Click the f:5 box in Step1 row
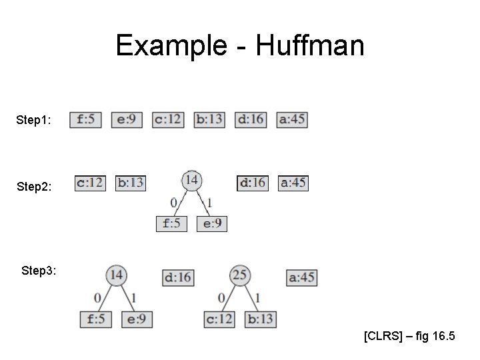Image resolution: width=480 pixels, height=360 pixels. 85,120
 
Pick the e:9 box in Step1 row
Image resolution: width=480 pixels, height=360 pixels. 127,120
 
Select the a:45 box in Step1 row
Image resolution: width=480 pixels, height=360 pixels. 292,120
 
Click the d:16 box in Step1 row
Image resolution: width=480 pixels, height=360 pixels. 251,120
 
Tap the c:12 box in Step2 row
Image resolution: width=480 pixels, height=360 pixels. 90,182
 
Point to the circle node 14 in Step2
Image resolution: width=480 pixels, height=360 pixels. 191,179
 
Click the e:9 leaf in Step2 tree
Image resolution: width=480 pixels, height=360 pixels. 212,223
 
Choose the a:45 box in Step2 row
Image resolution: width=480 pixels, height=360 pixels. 293,182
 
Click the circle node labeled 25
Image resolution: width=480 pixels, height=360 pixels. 240,275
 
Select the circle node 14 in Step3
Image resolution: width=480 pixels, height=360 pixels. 117,275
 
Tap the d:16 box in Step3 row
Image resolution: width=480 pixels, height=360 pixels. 178,277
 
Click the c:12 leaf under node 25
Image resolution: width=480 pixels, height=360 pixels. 219,319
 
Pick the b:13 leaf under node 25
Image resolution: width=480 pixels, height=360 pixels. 261,319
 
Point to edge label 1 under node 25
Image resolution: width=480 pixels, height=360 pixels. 257,297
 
